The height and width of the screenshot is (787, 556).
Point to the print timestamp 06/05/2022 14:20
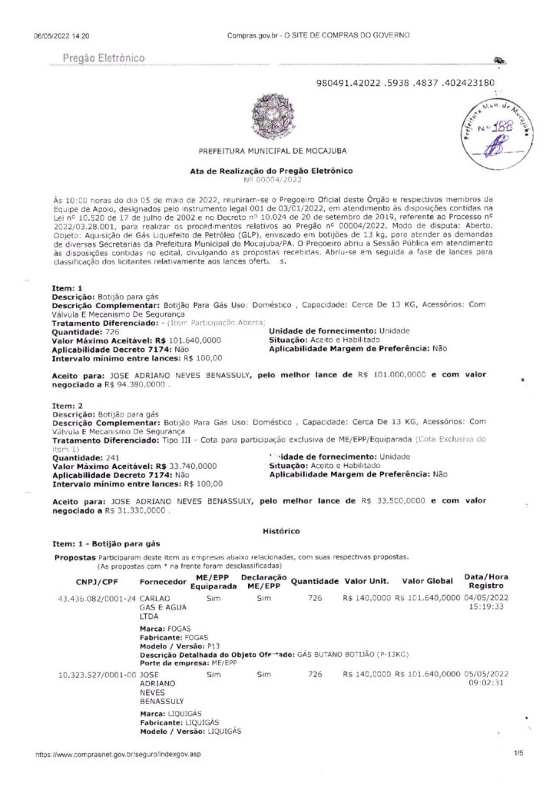point(61,35)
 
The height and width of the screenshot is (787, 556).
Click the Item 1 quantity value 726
point(112,330)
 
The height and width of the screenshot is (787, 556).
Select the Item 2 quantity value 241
point(112,457)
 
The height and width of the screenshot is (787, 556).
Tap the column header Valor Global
point(425,580)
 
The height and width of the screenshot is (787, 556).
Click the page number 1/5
point(518,755)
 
